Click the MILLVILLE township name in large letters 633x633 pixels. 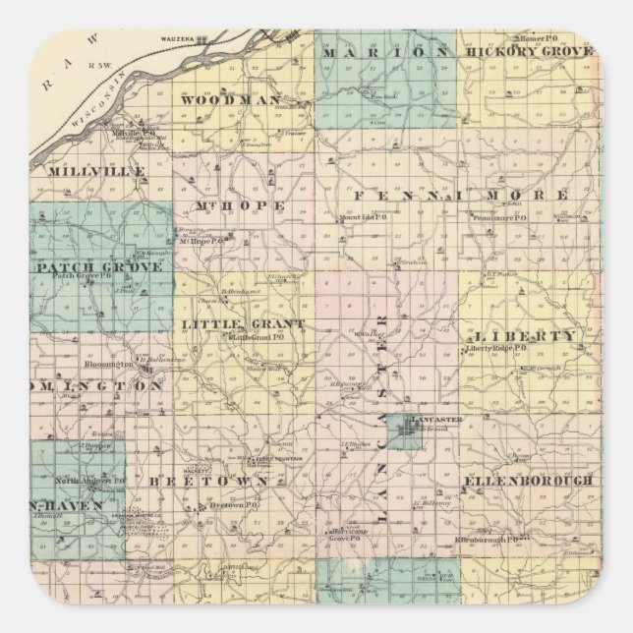coord(96,170)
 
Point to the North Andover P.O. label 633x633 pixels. coord(88,480)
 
